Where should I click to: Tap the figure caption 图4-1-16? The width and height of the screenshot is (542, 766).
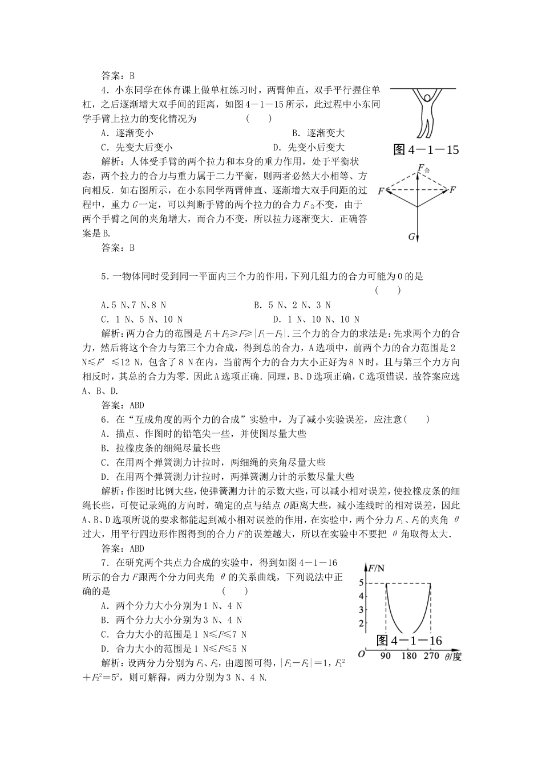[x=410, y=641]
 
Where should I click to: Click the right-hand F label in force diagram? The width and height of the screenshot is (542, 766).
[x=453, y=189]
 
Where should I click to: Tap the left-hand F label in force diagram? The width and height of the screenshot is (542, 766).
[x=382, y=190]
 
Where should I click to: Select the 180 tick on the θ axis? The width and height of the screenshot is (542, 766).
[x=408, y=657]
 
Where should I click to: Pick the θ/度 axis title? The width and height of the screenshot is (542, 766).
[x=452, y=657]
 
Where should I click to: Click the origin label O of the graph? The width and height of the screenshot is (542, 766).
[x=360, y=654]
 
